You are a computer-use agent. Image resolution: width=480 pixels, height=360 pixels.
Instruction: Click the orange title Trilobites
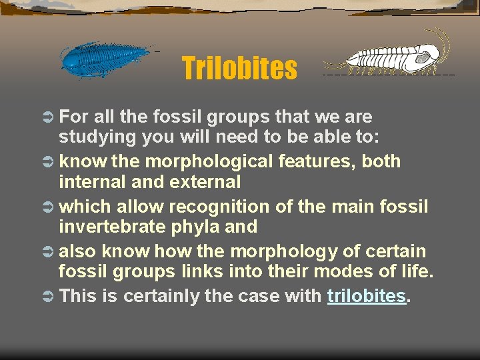[239, 68]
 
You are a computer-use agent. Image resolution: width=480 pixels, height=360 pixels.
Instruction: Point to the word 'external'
[206, 181]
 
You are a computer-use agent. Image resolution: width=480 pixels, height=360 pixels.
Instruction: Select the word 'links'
[202, 272]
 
